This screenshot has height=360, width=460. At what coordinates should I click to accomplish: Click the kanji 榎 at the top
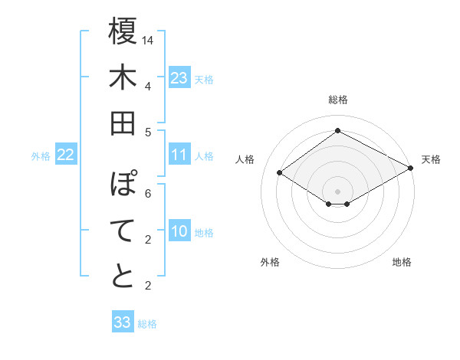pyautogui.click(x=123, y=34)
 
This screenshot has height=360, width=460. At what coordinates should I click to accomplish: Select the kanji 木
pyautogui.click(x=123, y=78)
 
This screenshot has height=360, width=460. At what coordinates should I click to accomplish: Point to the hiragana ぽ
pyautogui.click(x=123, y=185)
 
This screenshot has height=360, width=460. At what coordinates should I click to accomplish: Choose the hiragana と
pyautogui.click(x=123, y=277)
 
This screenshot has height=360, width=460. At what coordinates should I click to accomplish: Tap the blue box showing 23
pyautogui.click(x=179, y=77)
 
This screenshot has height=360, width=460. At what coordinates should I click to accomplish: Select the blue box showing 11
pyautogui.click(x=179, y=155)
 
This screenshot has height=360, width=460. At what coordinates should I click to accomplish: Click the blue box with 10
pyautogui.click(x=179, y=232)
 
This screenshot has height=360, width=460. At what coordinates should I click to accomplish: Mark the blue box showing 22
pyautogui.click(x=66, y=155)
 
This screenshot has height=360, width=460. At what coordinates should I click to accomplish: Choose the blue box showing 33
pyautogui.click(x=123, y=322)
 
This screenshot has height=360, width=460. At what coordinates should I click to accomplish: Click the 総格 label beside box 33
pyautogui.click(x=148, y=324)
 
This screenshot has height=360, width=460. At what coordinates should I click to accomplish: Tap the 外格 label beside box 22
pyautogui.click(x=41, y=156)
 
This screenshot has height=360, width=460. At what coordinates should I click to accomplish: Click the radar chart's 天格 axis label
pyautogui.click(x=431, y=159)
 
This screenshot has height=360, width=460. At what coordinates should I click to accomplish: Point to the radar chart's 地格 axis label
pyautogui.click(x=402, y=262)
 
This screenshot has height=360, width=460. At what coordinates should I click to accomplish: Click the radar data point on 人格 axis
pyautogui.click(x=280, y=173)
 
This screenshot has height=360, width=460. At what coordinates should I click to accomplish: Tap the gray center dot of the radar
pyautogui.click(x=337, y=190)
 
